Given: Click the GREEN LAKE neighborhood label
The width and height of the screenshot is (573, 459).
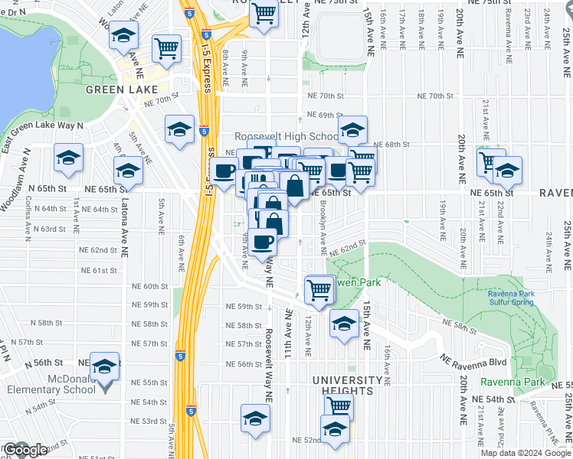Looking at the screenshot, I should pos(116,90).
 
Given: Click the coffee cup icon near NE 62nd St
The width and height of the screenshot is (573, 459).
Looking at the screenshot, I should pos(262,241).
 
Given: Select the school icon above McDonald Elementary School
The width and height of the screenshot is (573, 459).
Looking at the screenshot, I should pos(105,366).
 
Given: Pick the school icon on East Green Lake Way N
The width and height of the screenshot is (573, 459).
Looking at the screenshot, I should pos(68,158).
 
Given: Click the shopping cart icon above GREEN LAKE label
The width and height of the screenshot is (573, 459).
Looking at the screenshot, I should pos(166,48).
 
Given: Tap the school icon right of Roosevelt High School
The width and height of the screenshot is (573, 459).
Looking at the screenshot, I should pos(352,129).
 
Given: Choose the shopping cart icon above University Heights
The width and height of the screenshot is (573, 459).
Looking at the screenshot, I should pos(338,406).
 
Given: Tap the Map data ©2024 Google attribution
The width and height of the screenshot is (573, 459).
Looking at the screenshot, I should pos(525,453).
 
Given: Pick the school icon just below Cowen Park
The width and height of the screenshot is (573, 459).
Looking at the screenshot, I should pos(344,322).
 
